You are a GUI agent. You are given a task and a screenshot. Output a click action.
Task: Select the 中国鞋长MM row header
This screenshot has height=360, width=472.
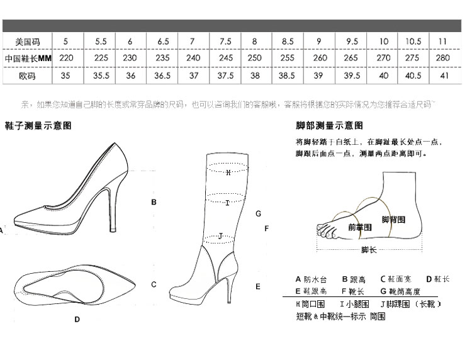click(27, 58)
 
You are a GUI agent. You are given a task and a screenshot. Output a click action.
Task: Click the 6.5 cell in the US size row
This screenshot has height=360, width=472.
click(163, 42)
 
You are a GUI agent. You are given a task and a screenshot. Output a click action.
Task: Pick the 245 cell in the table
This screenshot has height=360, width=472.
click(225, 58)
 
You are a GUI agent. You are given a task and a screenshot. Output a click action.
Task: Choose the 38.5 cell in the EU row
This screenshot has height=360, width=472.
click(287, 76)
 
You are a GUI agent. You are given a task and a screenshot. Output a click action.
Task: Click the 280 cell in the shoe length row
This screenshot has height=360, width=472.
click(443, 58)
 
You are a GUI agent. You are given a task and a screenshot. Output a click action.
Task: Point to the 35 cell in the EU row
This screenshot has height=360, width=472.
click(65, 76)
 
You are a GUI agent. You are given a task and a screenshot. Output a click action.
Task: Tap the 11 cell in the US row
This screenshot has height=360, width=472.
click(443, 42)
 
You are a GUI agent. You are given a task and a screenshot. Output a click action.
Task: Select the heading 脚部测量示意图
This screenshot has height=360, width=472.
click(329, 125)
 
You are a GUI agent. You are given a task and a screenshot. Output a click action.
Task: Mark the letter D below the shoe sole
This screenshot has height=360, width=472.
click(77, 319)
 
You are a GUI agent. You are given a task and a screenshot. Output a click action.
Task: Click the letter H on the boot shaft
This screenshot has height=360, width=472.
click(228, 171)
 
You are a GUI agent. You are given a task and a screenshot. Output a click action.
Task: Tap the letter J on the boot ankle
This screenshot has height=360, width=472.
click(220, 236)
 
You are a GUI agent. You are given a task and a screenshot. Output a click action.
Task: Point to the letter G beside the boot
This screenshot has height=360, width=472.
click(258, 214)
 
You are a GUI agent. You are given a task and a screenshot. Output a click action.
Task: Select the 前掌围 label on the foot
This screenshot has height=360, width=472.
click(359, 227)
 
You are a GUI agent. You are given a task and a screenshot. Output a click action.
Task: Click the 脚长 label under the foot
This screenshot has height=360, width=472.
click(369, 250)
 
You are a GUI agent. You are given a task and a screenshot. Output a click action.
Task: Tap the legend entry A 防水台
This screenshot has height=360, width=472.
click(312, 279)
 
